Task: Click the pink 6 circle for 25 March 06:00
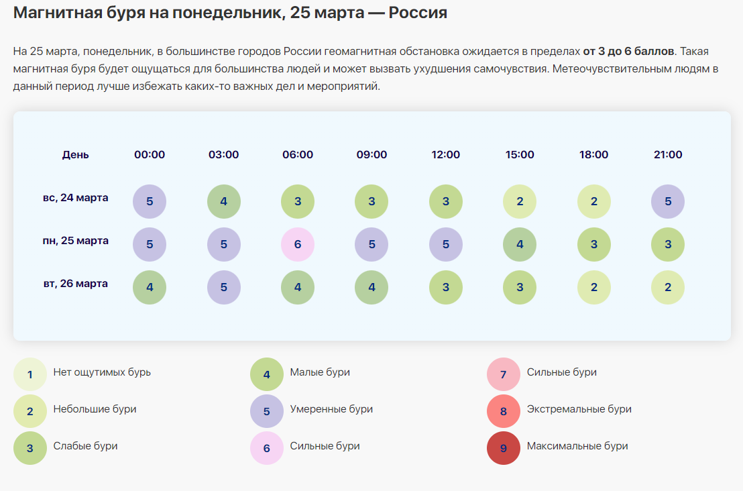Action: [x=298, y=245]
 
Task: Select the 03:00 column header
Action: [x=223, y=155]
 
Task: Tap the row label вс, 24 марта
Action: [x=75, y=198]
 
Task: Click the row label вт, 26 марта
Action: [x=75, y=284]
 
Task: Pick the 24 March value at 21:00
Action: [x=668, y=201]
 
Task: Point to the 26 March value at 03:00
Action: [x=223, y=287]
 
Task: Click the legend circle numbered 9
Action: [x=504, y=449]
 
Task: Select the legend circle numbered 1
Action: [x=30, y=375]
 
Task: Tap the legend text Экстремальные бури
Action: [x=579, y=409]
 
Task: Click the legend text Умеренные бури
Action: [x=331, y=409]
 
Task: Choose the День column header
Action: [x=75, y=155]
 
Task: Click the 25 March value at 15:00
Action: [x=520, y=245]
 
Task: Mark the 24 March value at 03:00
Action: [x=223, y=201]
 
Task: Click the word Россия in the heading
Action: [x=416, y=13]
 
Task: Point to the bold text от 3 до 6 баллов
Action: [x=628, y=52]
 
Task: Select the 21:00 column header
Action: [x=668, y=155]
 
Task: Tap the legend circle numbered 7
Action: [x=504, y=375]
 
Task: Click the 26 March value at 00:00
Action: [x=150, y=287]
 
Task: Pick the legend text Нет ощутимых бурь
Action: [x=102, y=372]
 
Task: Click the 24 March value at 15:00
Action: [x=520, y=201]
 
